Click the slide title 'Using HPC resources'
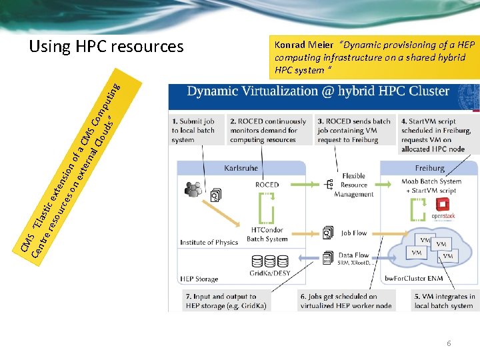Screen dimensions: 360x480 coord(106,47)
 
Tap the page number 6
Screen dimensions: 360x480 coord(449,342)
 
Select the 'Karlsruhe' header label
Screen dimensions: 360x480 coord(241,168)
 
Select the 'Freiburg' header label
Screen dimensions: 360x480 coord(430,168)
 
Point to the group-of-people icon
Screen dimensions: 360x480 coord(194,190)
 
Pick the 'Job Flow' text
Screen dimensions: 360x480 coord(354,233)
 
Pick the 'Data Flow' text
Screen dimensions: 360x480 coord(354,255)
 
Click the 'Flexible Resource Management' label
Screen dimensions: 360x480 coord(354,185)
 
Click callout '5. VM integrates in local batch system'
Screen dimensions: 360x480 coord(444,301)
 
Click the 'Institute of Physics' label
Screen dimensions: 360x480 coord(209,243)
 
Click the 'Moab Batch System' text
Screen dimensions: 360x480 coord(431,181)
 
